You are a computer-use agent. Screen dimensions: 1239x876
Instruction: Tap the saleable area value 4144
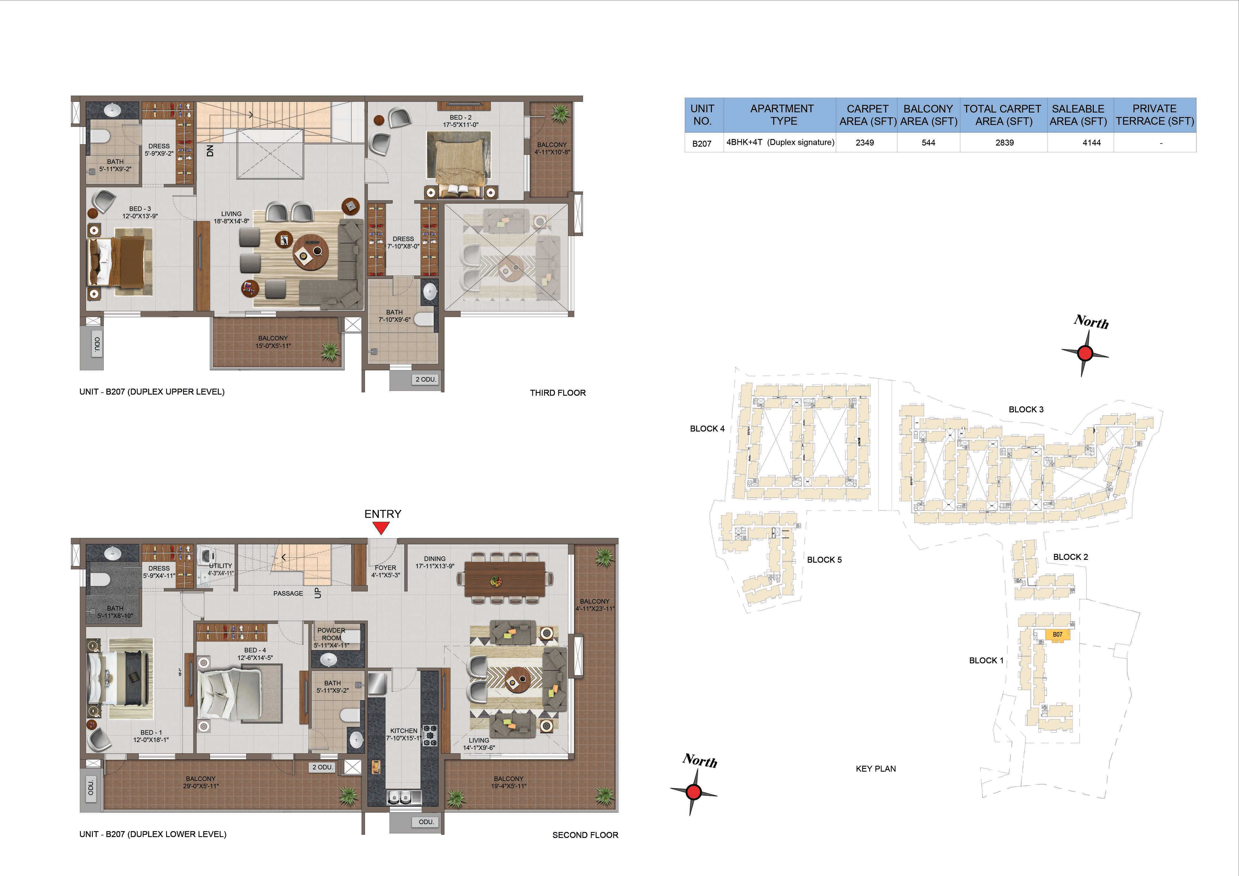(x=1091, y=142)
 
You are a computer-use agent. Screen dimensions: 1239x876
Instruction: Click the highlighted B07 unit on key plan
(x=1058, y=635)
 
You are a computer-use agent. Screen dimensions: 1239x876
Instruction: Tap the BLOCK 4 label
(x=707, y=429)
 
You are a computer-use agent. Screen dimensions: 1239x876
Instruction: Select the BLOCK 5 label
(x=824, y=560)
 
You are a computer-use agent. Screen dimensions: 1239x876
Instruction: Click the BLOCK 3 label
(x=1026, y=409)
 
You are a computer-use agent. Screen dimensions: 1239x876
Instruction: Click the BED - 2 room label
(x=460, y=117)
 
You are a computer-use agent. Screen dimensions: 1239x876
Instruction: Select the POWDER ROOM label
(x=331, y=634)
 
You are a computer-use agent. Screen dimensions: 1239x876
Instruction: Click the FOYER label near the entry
(x=385, y=568)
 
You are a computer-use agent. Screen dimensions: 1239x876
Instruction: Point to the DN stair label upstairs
(x=210, y=151)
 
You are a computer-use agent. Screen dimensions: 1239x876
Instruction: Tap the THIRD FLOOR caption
(x=557, y=393)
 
